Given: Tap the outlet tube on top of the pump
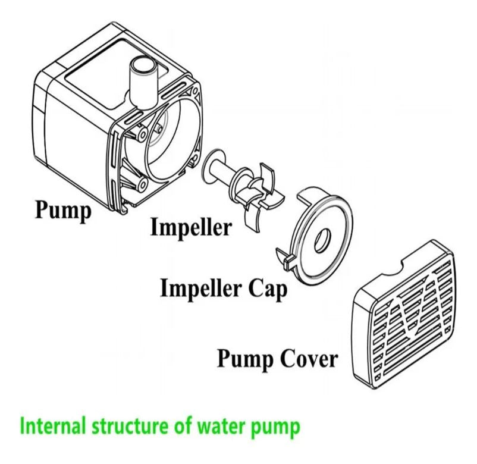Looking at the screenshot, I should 143,80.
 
